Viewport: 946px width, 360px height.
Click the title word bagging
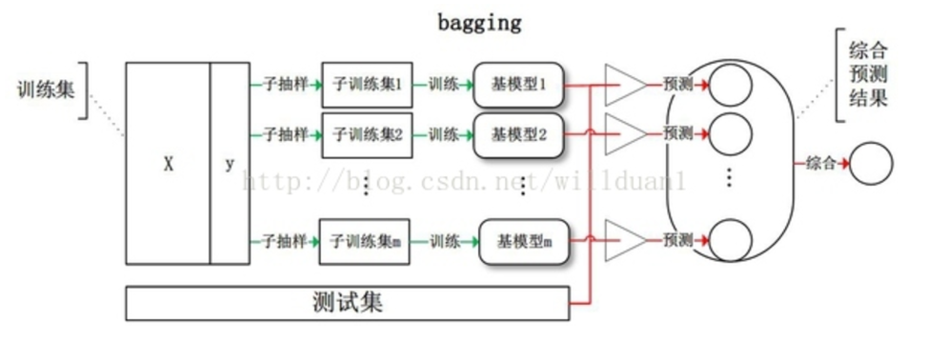(x=479, y=22)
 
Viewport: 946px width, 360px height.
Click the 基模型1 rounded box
(x=518, y=85)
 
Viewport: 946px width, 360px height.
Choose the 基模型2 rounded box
(x=518, y=134)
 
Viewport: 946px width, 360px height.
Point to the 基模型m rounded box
(x=524, y=242)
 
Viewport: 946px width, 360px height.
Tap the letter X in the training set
(x=168, y=164)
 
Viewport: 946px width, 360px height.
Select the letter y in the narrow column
(x=230, y=164)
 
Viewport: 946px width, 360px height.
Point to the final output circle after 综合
(x=871, y=164)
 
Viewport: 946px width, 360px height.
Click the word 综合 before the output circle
(x=820, y=164)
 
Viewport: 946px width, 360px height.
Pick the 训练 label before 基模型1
(x=443, y=85)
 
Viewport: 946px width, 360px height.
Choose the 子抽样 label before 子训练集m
(x=285, y=242)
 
